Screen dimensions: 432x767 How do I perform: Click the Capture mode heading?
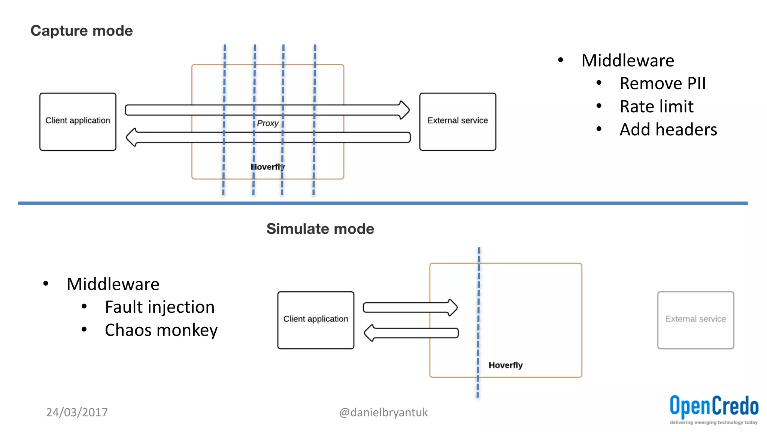point(81,31)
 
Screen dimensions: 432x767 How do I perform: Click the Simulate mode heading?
point(320,229)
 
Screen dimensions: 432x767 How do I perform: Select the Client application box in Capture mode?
point(78,121)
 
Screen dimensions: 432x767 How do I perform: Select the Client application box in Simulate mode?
point(316,320)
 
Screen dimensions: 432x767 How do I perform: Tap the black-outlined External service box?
point(458,121)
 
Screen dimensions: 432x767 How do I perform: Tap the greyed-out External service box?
point(695,320)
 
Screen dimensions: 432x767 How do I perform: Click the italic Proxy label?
point(267,123)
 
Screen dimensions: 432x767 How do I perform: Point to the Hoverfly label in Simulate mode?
point(506,365)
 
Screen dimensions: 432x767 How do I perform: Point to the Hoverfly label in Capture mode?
point(268,167)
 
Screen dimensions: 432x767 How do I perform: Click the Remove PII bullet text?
point(663,83)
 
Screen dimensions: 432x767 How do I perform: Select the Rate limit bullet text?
point(656,106)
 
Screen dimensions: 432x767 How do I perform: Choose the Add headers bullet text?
point(668,129)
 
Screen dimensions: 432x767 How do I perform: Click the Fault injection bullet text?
point(160,307)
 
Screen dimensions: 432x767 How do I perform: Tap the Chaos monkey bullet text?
point(161,330)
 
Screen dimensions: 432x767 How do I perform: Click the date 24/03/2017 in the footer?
point(77,412)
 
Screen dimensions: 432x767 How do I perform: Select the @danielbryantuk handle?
point(383,412)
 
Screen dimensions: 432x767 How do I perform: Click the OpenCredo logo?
point(714,409)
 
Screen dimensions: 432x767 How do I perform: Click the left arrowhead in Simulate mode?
point(370,333)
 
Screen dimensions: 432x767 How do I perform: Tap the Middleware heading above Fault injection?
point(113,284)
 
